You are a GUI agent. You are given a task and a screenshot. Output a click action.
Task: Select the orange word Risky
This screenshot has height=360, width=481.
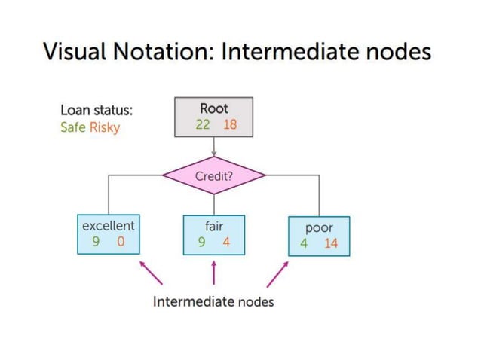105,127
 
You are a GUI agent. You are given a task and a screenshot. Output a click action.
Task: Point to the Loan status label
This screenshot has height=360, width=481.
97,110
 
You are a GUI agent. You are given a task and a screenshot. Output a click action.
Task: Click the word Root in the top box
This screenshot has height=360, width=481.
214,108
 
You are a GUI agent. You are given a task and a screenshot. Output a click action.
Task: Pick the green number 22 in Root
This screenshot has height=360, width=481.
203,124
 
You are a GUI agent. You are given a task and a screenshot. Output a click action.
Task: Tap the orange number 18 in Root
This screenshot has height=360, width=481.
229,124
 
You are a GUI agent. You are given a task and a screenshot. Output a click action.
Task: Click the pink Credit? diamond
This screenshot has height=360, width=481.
214,176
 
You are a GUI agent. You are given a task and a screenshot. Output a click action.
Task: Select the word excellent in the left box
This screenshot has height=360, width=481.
108,224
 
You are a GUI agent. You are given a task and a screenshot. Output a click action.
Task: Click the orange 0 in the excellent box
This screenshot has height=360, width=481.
121,242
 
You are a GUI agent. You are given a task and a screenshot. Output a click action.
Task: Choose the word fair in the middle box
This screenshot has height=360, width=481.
214,224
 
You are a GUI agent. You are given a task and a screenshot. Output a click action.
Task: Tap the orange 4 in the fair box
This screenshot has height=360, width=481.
226,242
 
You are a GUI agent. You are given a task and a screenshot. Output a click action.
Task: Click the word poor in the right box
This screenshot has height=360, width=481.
319,227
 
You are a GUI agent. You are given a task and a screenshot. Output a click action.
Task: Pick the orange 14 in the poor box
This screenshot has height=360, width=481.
331,243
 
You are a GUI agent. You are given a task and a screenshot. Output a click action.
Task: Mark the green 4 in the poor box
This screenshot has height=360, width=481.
304,243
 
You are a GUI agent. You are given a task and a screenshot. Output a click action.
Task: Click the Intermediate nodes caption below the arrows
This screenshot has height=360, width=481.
213,302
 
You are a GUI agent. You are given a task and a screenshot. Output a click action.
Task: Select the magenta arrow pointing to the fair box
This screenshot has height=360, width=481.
214,273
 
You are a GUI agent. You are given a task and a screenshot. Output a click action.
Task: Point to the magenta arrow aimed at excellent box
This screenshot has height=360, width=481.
151,273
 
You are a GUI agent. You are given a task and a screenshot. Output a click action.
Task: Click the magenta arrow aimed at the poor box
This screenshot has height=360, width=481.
277,273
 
